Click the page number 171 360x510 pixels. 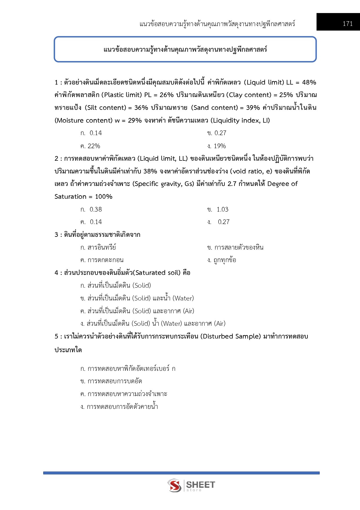pyautogui.click(x=348, y=24)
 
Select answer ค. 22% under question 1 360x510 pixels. pyautogui.click(x=90, y=146)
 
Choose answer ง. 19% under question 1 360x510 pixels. pyautogui.click(x=217, y=146)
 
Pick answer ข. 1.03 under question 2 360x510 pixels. pyautogui.click(x=218, y=209)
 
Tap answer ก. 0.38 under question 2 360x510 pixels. pyautogui.click(x=91, y=209)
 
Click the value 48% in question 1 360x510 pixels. pyautogui.click(x=309, y=83)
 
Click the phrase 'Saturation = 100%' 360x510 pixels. pyautogui.click(x=83, y=197)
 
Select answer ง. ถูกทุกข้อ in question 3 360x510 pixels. pyautogui.click(x=222, y=260)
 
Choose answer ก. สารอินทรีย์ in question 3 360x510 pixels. pyautogui.click(x=98, y=247)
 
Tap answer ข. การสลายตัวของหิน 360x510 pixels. pyautogui.click(x=235, y=247)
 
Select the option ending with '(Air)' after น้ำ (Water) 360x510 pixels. pyautogui.click(x=153, y=323)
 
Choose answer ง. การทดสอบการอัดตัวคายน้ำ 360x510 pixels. pyautogui.click(x=119, y=407)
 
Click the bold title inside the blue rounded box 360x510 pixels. pyautogui.click(x=185, y=49)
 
